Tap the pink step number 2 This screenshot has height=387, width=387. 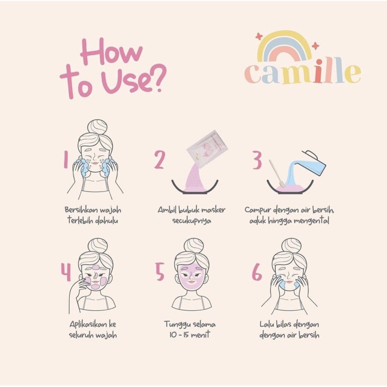pos(160,160)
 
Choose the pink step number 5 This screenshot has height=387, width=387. pos(160,273)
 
